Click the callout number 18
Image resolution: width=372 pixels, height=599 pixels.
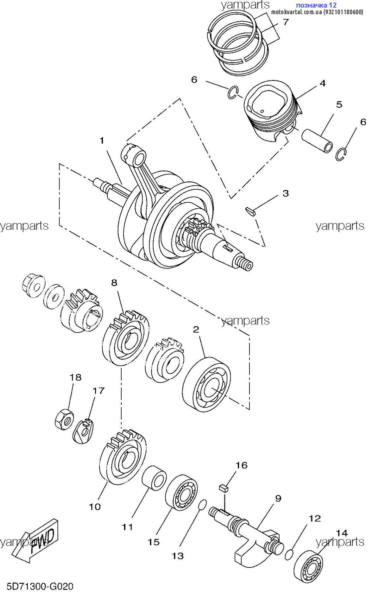(x=75, y=377)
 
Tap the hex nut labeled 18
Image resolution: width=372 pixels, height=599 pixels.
(x=64, y=420)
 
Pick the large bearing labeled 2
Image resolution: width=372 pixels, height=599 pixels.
(x=207, y=385)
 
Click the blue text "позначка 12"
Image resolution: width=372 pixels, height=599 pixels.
(x=316, y=5)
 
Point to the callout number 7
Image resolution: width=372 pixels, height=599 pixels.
(x=286, y=22)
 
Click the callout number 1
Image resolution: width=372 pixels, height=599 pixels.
(x=102, y=141)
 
